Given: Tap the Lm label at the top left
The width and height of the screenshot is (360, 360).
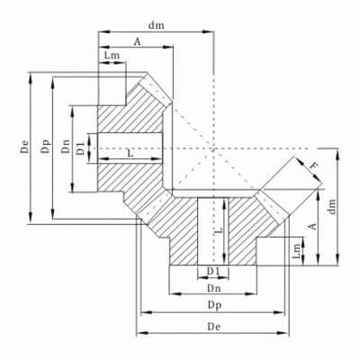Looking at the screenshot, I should (112, 57).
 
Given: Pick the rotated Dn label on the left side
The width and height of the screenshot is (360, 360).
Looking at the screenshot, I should (66, 147).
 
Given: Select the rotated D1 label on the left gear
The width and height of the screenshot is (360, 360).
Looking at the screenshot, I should (81, 147).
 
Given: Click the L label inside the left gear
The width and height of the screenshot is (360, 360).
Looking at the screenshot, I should (131, 154).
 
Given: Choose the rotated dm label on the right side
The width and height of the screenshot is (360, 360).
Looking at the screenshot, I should (333, 206).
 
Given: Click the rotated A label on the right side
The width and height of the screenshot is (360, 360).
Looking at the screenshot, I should (313, 227).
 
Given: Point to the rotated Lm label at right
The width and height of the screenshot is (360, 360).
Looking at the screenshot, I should (298, 254).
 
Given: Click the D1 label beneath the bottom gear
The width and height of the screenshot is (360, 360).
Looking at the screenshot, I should (214, 271).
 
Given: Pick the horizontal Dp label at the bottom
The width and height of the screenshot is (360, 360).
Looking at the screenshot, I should (214, 306).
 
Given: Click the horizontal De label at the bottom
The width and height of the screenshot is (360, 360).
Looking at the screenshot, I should (214, 327).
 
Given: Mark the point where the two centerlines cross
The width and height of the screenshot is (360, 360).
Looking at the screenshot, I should (214, 147).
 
